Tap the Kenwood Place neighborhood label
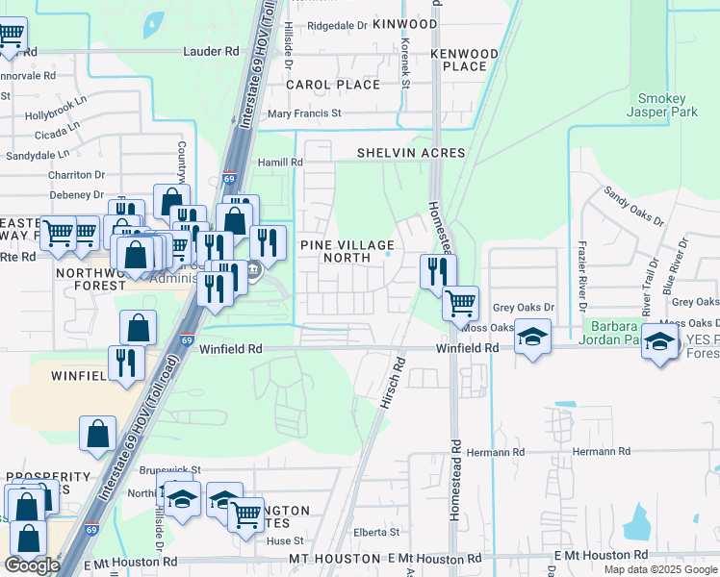tap(465, 60)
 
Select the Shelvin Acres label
tap(411, 153)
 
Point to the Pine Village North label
tap(347, 251)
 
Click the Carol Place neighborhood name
tap(333, 85)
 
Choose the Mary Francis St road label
tap(304, 113)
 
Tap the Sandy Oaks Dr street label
tap(632, 205)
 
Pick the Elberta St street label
tap(375, 532)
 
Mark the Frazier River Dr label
tap(582, 272)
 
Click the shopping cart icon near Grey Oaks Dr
tap(461, 303)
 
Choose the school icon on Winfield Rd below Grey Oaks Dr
tap(531, 338)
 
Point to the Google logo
tap(32, 565)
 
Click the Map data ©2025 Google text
tap(660, 569)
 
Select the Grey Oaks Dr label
tap(525, 308)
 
